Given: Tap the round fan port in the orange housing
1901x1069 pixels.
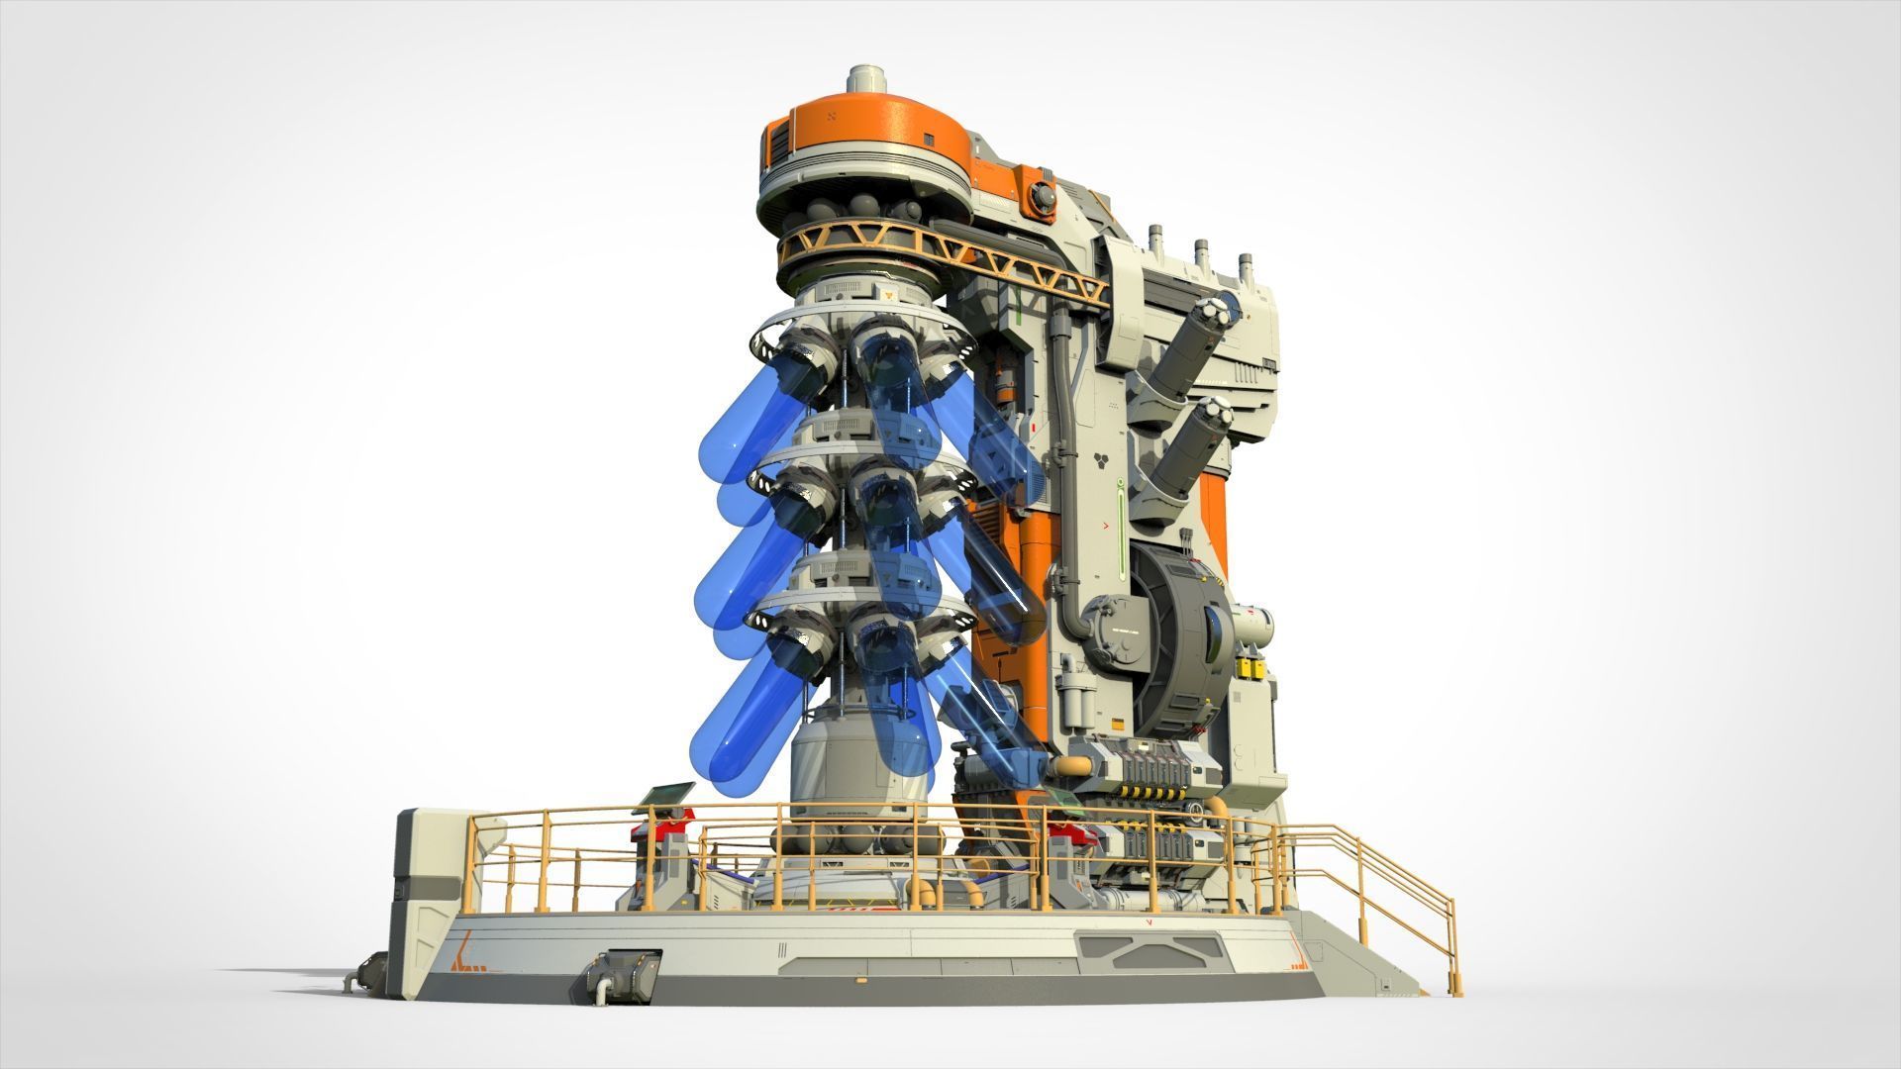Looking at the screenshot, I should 1043,197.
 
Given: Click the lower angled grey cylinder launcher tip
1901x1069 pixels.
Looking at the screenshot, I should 1212,414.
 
